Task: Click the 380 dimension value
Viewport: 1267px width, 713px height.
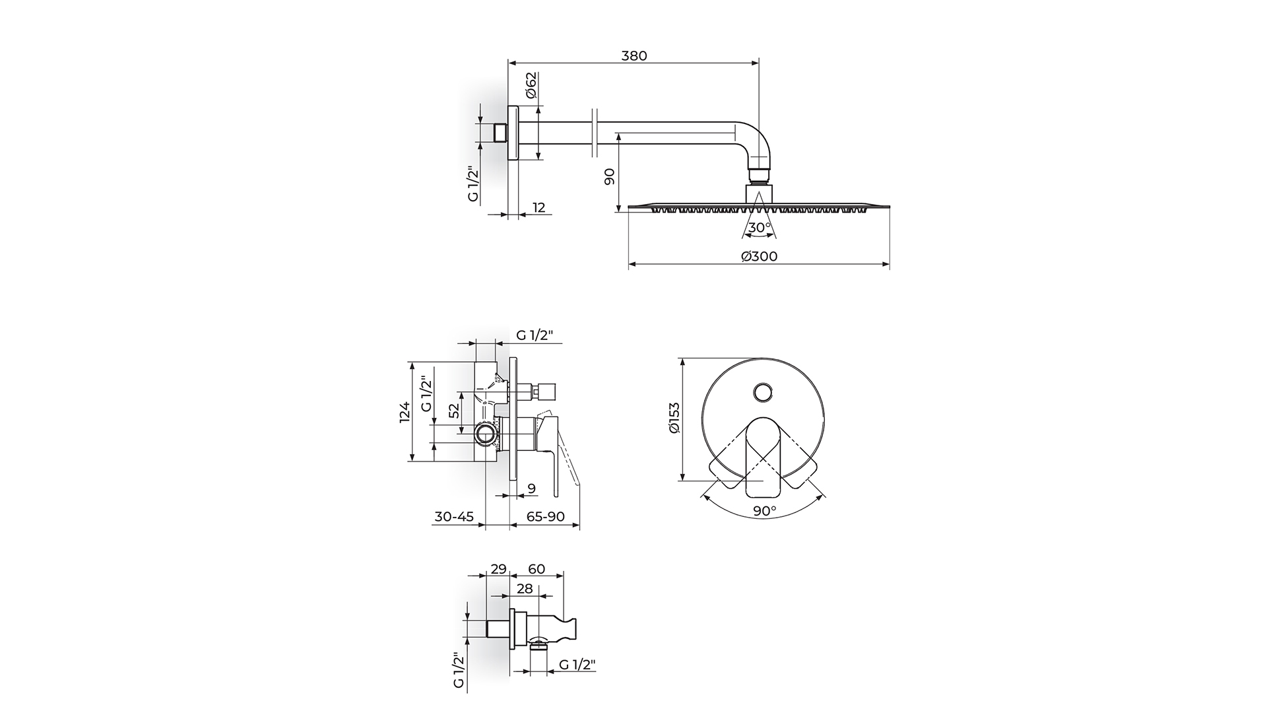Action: pyautogui.click(x=634, y=55)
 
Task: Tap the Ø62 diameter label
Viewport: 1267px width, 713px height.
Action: pyautogui.click(x=531, y=86)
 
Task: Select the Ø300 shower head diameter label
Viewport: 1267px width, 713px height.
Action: pyautogui.click(x=759, y=256)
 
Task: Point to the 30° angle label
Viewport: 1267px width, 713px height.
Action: pyautogui.click(x=760, y=227)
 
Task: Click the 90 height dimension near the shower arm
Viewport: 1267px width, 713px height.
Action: pyautogui.click(x=609, y=176)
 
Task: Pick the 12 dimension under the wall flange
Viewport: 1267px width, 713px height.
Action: pyautogui.click(x=538, y=207)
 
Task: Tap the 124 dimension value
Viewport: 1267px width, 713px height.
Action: pyautogui.click(x=405, y=411)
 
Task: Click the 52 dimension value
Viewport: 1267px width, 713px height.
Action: pyautogui.click(x=454, y=411)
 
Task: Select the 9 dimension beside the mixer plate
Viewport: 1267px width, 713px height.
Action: pyautogui.click(x=532, y=489)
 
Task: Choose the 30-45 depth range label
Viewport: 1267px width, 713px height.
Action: pyautogui.click(x=454, y=516)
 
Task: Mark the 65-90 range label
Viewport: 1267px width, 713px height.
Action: pyautogui.click(x=546, y=516)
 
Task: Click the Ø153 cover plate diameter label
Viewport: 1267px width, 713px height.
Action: pyautogui.click(x=674, y=418)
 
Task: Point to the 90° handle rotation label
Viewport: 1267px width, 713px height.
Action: pyautogui.click(x=764, y=511)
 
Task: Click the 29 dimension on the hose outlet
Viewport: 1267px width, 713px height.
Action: pyautogui.click(x=498, y=569)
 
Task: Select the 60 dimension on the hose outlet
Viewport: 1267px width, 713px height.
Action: pyautogui.click(x=536, y=569)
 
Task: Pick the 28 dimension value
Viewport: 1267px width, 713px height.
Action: pyautogui.click(x=525, y=588)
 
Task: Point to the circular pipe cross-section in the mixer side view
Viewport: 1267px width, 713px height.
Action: pyautogui.click(x=485, y=434)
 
